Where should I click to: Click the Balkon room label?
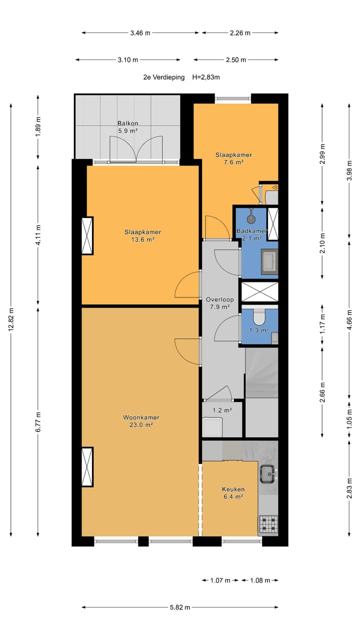click(x=128, y=123)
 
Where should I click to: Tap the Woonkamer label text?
click(x=141, y=417)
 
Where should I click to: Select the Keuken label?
click(x=233, y=489)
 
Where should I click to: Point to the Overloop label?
click(x=219, y=299)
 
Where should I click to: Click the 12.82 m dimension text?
click(x=11, y=319)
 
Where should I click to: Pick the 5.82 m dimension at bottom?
click(x=180, y=607)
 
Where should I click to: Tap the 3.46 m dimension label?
click(x=140, y=33)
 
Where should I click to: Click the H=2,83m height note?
click(x=206, y=77)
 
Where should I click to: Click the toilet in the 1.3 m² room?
click(x=259, y=317)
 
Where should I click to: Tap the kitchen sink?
click(x=268, y=474)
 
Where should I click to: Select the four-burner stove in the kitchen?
click(x=268, y=524)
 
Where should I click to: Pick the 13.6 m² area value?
click(x=143, y=239)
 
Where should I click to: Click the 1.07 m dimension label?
click(x=220, y=580)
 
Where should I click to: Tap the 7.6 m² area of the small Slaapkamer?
click(x=233, y=162)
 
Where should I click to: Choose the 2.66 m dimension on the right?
click(x=322, y=392)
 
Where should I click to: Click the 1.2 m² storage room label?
click(x=222, y=410)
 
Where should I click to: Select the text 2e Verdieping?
click(x=164, y=77)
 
